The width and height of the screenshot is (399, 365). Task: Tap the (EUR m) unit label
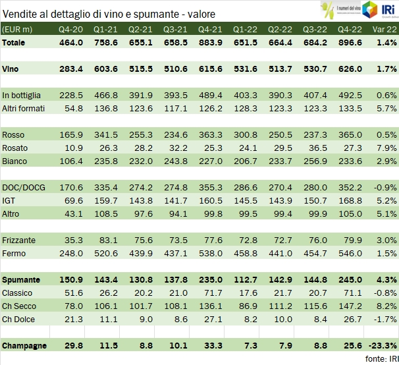pyautogui.click(x=18, y=29)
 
